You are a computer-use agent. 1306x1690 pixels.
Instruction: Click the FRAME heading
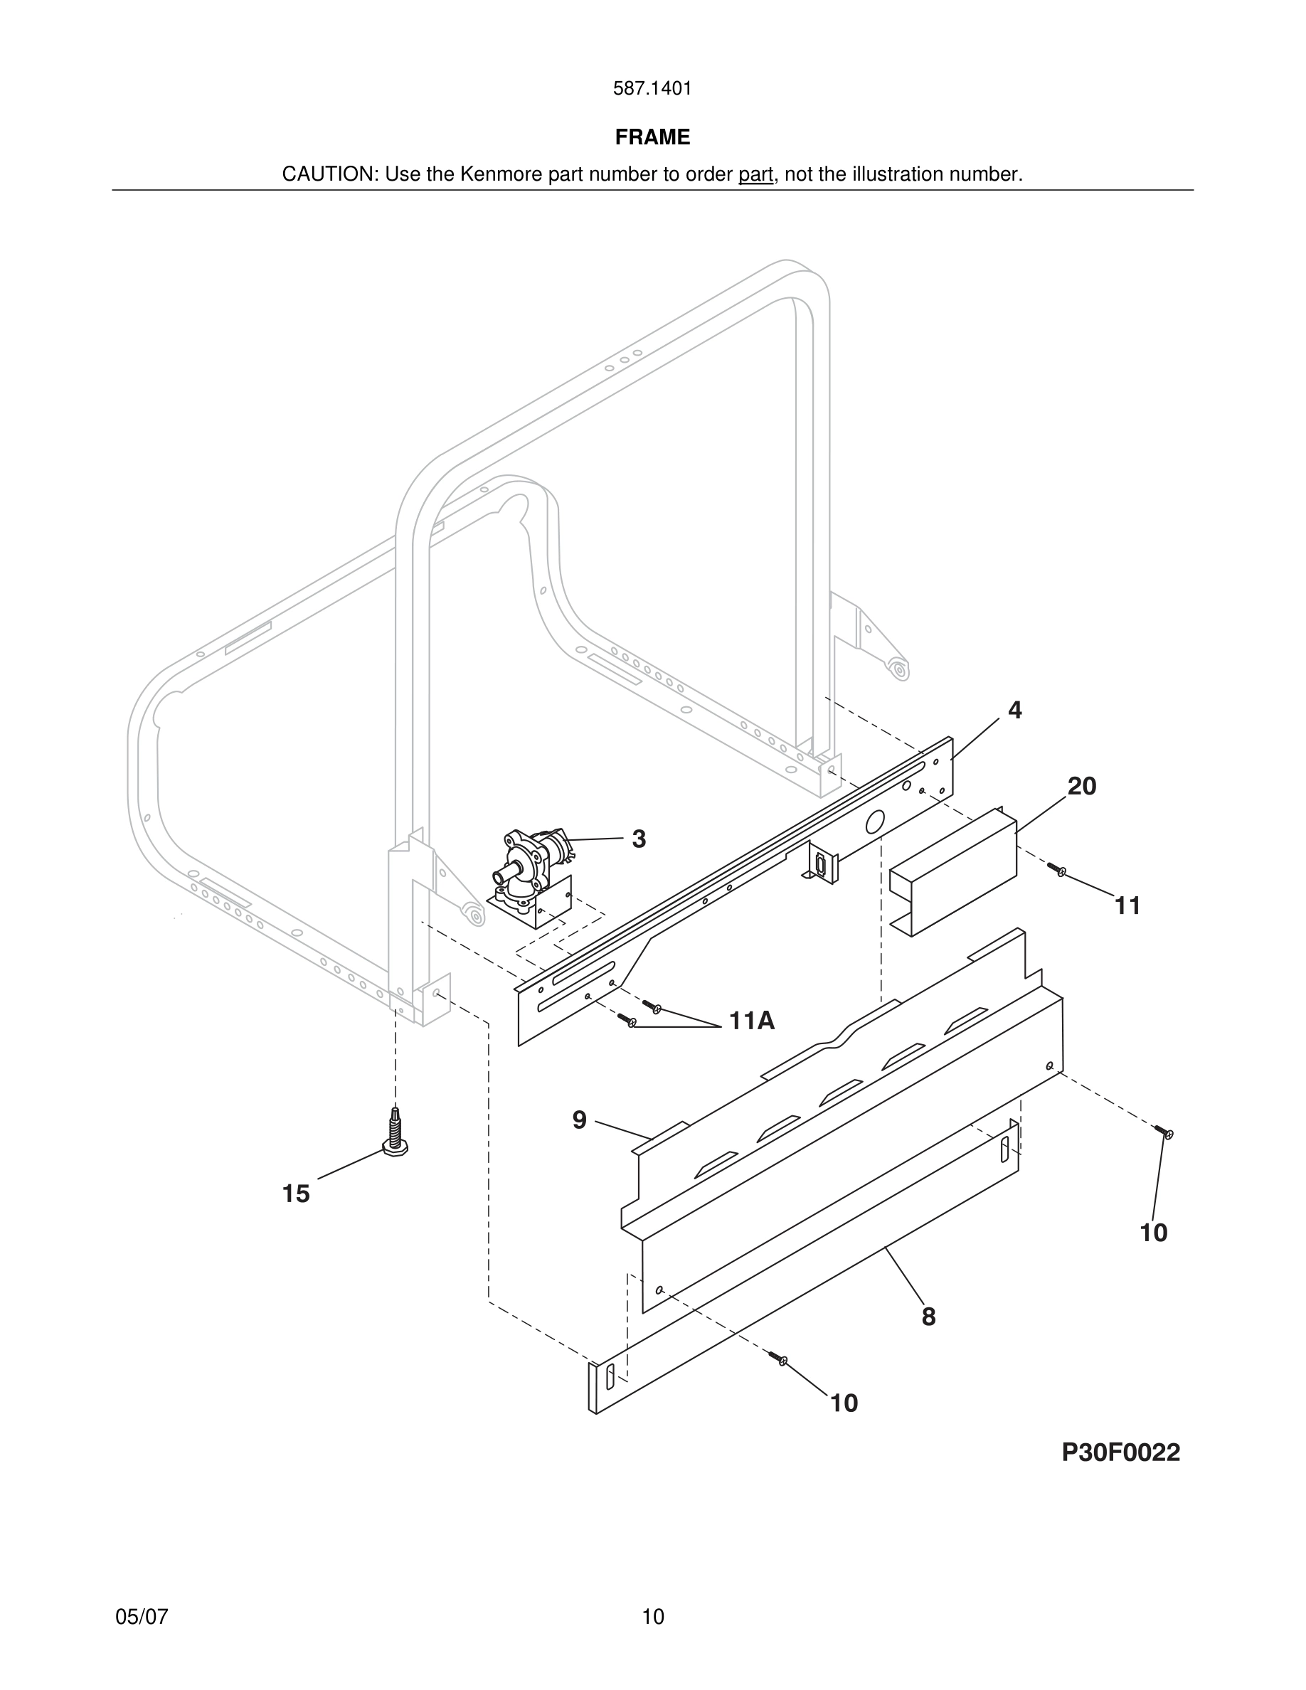click(x=652, y=137)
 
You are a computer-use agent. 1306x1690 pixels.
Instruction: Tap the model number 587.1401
click(x=652, y=89)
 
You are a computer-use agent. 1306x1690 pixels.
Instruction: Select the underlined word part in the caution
click(x=756, y=175)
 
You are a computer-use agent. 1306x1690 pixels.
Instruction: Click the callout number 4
click(x=1014, y=711)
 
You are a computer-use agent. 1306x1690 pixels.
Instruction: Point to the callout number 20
click(x=1082, y=786)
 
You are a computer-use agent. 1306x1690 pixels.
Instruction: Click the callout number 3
click(x=638, y=839)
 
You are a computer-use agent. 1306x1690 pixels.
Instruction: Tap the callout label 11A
click(x=751, y=1021)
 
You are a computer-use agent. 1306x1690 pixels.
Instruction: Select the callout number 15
click(x=295, y=1194)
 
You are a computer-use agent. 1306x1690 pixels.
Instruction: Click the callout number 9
click(x=580, y=1120)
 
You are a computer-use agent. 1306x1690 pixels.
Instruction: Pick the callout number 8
click(x=928, y=1317)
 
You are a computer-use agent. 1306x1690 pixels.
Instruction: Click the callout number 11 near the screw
click(x=1127, y=906)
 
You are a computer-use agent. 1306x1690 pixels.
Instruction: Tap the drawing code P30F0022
click(x=1120, y=1452)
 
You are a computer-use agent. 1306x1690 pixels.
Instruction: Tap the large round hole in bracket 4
click(x=874, y=822)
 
